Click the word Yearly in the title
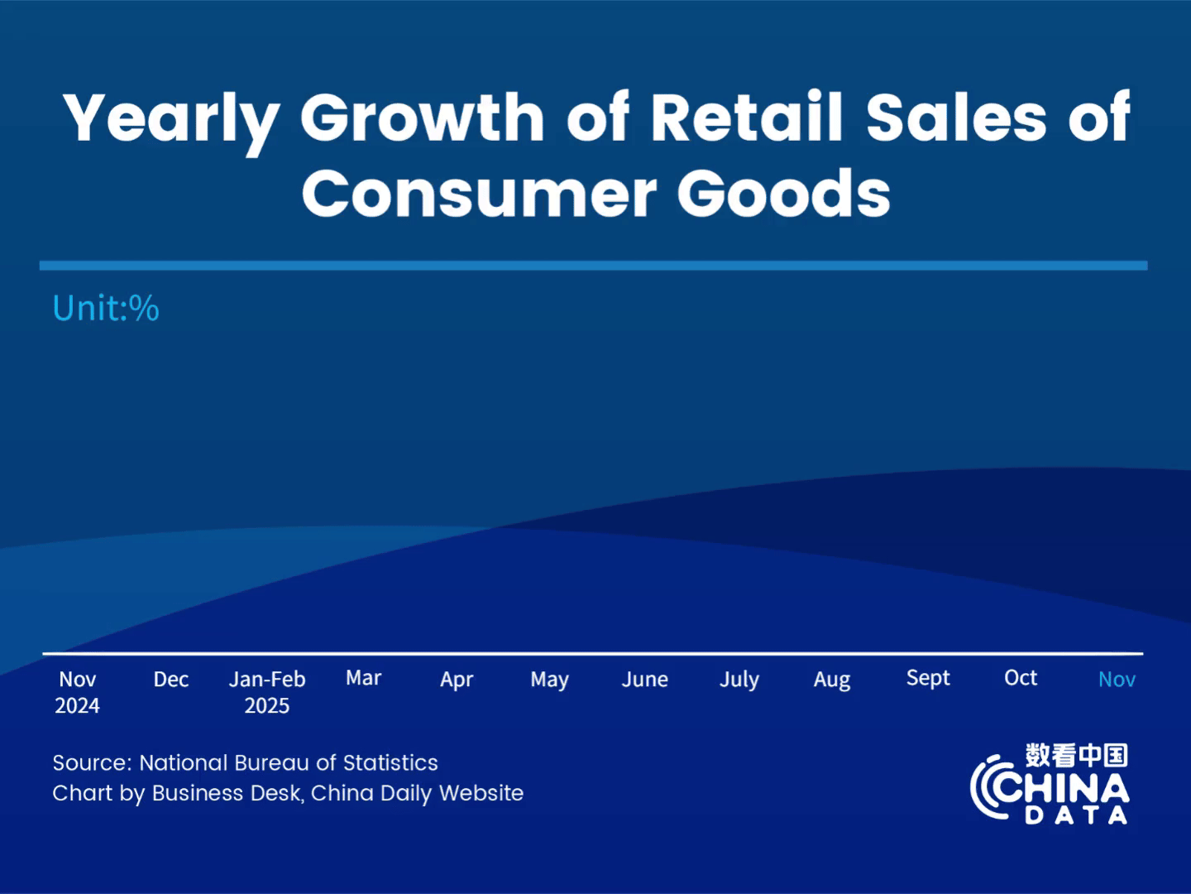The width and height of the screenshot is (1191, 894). pyautogui.click(x=170, y=118)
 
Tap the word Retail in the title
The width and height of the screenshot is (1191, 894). pyautogui.click(x=746, y=117)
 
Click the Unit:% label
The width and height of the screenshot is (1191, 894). pyautogui.click(x=106, y=308)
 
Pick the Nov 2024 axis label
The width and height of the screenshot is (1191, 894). pyautogui.click(x=77, y=692)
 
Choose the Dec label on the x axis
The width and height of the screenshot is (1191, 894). pyautogui.click(x=171, y=680)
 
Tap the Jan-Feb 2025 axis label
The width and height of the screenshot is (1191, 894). pyautogui.click(x=267, y=692)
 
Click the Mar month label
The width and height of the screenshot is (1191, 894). pyautogui.click(x=363, y=678)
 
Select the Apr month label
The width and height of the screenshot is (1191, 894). pyautogui.click(x=457, y=680)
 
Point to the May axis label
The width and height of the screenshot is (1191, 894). pyautogui.click(x=549, y=680)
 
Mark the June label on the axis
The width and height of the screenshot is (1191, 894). pyautogui.click(x=644, y=680)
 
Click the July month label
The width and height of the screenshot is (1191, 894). pyautogui.click(x=739, y=680)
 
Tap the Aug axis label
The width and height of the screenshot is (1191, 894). pyautogui.click(x=832, y=680)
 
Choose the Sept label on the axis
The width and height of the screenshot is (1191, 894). pyautogui.click(x=928, y=678)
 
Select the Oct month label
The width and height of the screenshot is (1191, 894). pyautogui.click(x=1021, y=678)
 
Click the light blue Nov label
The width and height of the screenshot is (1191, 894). pyautogui.click(x=1117, y=680)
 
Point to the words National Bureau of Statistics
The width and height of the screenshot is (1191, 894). pyautogui.click(x=289, y=762)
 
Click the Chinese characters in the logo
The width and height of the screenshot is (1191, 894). pyautogui.click(x=1076, y=755)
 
